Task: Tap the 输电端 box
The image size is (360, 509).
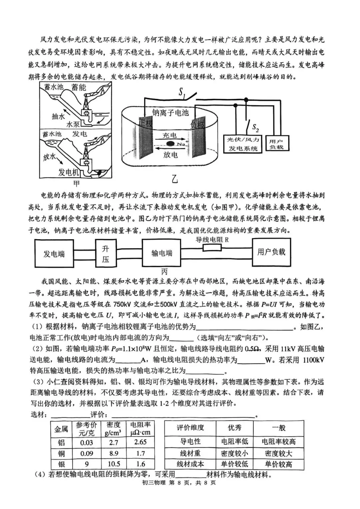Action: pos(162,253)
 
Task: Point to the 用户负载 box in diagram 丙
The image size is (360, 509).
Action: pos(271,252)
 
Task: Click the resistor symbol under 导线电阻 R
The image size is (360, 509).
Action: pos(212,248)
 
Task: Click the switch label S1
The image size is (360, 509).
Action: pos(182,93)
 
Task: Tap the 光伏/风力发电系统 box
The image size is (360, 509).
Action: pos(243,144)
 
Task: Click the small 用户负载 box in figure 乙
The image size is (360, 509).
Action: pos(276,144)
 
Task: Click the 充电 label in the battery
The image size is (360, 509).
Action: pos(170,135)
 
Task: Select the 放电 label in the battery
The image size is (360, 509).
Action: pos(170,154)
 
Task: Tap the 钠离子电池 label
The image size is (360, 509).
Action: pos(170,112)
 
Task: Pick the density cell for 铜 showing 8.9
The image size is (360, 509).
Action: pos(113,454)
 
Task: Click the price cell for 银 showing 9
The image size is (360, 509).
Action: pos(87,464)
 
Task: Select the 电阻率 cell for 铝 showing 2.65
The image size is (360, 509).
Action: pos(140,442)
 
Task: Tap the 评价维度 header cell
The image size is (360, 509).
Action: pos(190,428)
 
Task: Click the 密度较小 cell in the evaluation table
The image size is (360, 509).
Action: pos(234,453)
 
